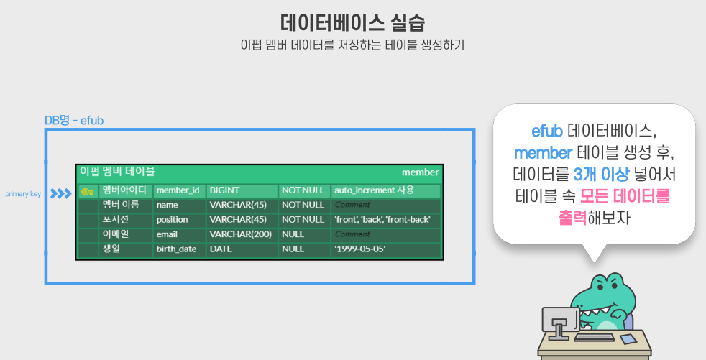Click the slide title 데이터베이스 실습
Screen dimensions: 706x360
coord(352,21)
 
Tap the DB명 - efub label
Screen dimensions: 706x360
coord(74,120)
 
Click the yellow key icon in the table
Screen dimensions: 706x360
coord(88,191)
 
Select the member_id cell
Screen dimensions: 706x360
coord(178,190)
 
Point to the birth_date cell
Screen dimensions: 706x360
coord(178,249)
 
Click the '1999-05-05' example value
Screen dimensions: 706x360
coord(359,249)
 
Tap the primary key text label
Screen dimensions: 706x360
coord(23,194)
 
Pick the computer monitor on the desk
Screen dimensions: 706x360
coord(558,320)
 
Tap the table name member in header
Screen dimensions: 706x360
coord(420,172)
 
